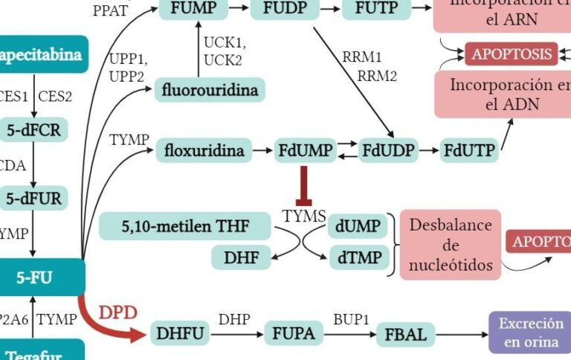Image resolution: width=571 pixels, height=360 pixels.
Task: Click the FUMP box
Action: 193,9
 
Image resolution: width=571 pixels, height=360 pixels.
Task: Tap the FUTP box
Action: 375,9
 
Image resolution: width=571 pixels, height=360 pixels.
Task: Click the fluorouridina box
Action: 210,91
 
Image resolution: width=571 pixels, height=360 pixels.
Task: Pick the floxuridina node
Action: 204,151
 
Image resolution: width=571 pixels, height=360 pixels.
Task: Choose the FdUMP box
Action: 305,151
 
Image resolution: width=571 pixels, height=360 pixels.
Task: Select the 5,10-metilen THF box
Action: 185,225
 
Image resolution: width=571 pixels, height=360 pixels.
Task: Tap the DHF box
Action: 241,258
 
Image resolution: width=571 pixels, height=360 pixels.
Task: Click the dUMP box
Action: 358,225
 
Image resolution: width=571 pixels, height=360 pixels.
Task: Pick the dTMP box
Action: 358,258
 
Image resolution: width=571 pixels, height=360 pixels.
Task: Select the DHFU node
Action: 180,334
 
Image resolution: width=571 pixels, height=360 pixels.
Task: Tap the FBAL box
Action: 406,334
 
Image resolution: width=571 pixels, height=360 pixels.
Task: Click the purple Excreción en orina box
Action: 530,332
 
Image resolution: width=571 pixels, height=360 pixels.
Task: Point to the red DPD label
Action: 119,312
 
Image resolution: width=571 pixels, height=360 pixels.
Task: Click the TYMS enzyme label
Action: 304,216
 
